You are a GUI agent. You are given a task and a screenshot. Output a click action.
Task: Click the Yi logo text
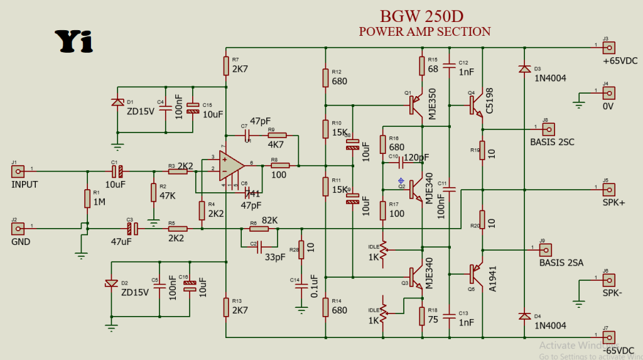pos(73,41)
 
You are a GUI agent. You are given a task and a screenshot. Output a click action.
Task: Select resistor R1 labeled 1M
pos(87,199)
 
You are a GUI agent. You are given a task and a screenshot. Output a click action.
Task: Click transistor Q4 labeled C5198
pos(477,106)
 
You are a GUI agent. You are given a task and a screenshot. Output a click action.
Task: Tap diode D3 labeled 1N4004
pos(523,68)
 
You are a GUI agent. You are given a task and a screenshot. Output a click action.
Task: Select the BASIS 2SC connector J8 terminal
pos(548,129)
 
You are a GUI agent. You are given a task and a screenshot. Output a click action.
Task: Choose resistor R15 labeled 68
pos(422,65)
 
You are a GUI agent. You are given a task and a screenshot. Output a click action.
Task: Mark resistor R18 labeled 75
pos(422,317)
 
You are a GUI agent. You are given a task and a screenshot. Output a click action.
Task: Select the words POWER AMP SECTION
pos(424,31)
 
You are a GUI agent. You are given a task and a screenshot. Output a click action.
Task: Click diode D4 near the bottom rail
pos(523,316)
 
